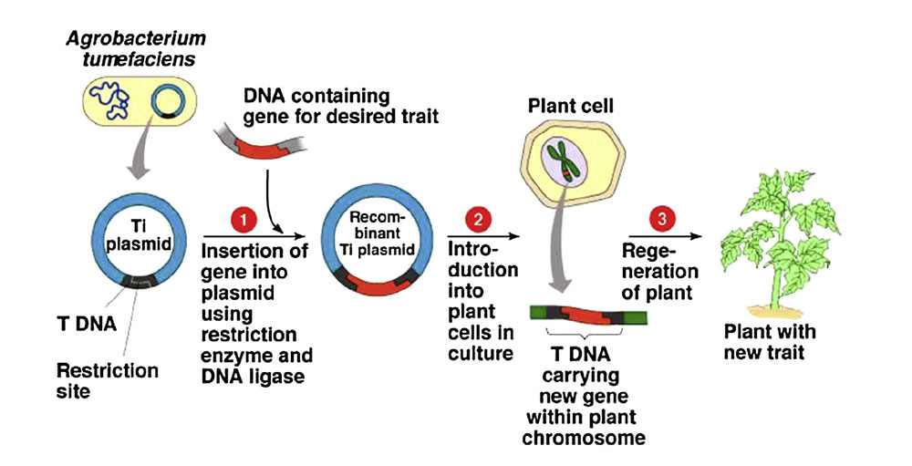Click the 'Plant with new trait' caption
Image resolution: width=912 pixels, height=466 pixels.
[771, 342]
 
